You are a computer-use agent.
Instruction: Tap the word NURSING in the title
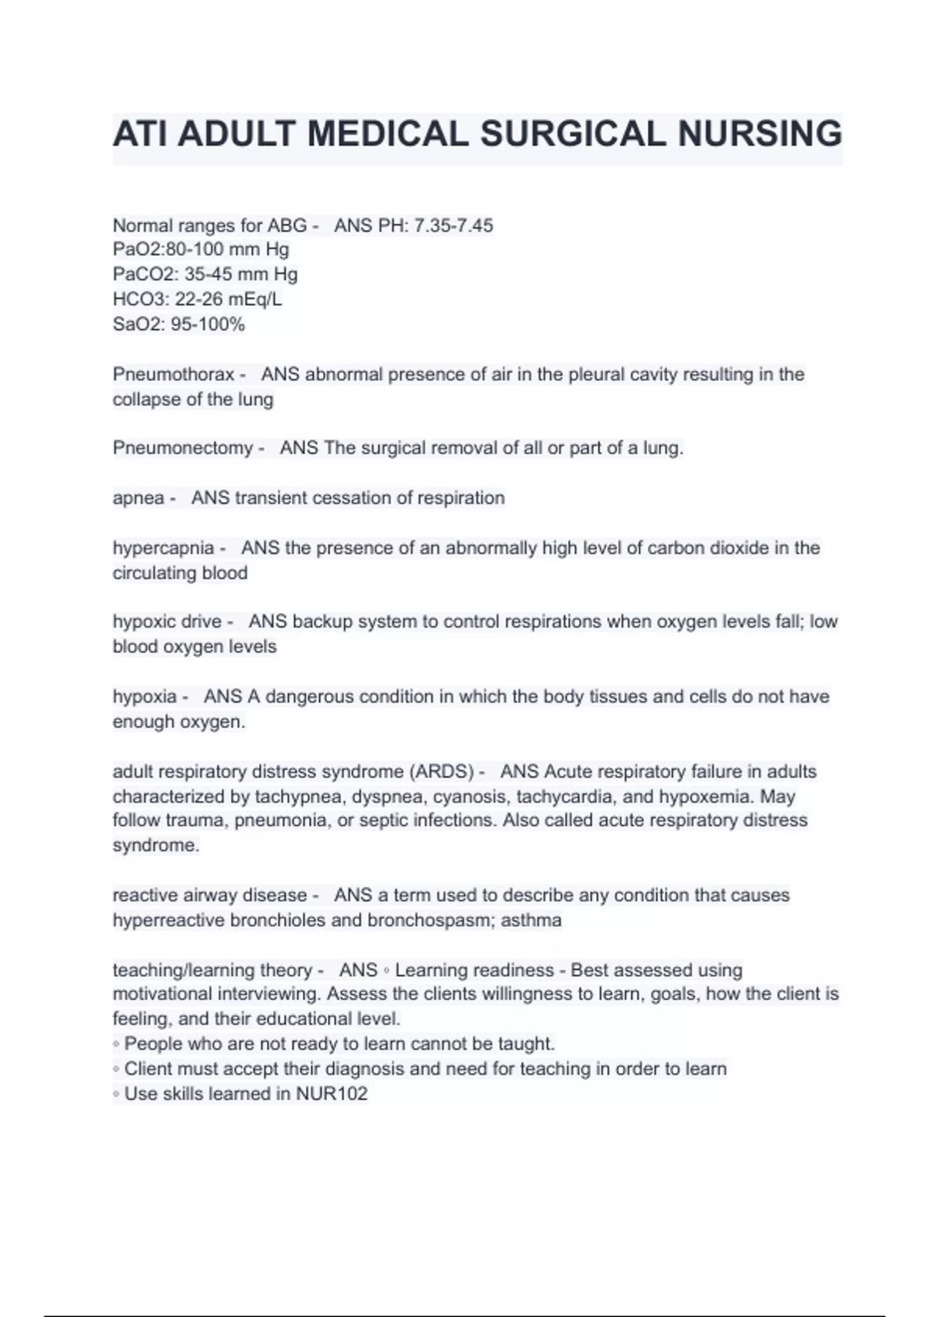coord(760,133)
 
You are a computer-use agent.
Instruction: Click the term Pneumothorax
coord(174,374)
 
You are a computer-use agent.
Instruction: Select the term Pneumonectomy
coord(183,448)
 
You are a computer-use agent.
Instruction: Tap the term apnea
coord(138,497)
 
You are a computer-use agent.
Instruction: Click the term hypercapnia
coord(164,548)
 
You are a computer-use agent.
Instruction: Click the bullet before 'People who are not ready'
coord(116,1044)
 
